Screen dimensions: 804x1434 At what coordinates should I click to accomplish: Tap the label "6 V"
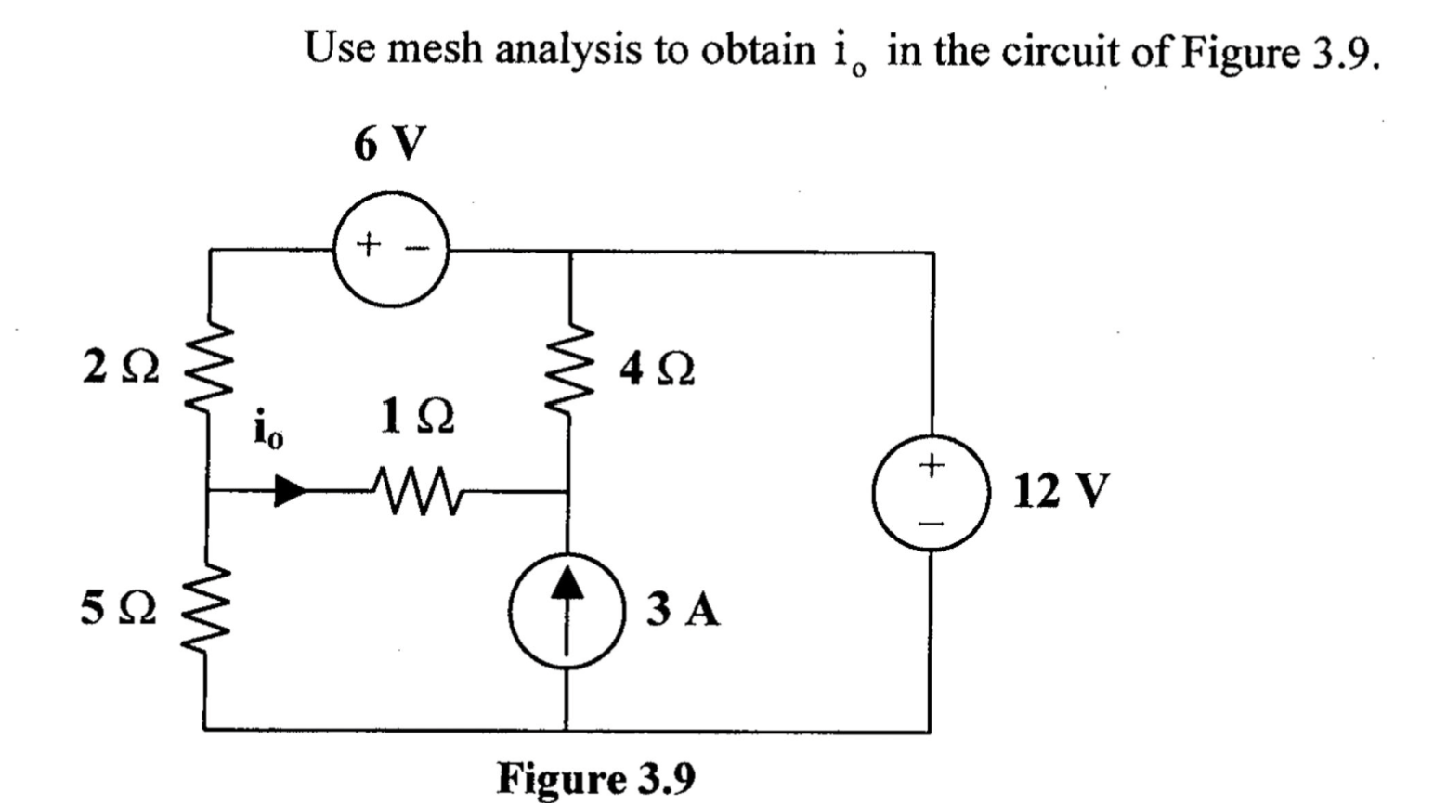390,144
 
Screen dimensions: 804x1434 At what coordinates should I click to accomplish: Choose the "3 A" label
684,610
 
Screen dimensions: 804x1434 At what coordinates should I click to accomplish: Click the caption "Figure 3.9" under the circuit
596,778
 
